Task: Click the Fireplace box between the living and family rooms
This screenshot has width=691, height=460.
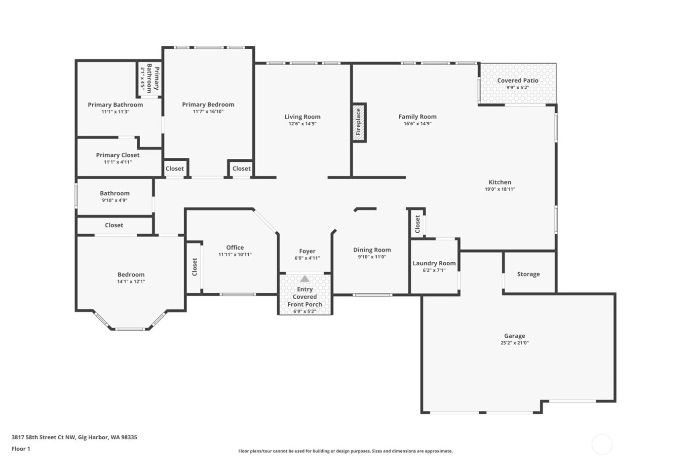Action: click(359, 122)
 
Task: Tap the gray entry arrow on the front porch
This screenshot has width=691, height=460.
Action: click(305, 279)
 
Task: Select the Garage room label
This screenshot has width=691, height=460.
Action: click(514, 336)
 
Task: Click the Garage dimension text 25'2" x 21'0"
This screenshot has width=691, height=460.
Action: click(514, 343)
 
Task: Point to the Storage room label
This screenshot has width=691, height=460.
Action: click(528, 274)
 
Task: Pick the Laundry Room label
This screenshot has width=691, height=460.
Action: click(434, 263)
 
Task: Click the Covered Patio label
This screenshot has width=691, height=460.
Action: click(517, 80)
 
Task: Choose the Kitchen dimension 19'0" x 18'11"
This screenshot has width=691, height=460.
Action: click(499, 189)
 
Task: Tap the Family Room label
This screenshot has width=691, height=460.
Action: click(417, 117)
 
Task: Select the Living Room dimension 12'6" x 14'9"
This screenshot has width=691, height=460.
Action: click(302, 124)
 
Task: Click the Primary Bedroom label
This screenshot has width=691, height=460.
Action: click(208, 105)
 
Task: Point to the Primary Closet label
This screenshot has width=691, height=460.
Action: click(117, 155)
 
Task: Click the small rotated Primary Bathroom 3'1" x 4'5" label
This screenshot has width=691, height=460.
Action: click(150, 79)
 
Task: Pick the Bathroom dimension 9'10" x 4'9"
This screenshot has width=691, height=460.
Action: click(115, 201)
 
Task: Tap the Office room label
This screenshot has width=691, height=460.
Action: click(235, 248)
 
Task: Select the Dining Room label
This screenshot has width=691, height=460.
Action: click(372, 250)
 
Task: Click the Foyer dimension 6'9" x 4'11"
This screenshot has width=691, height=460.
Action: click(307, 258)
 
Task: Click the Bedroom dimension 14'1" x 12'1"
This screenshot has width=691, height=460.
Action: click(131, 282)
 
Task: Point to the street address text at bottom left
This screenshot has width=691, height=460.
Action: click(74, 437)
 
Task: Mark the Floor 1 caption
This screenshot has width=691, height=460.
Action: click(21, 449)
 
